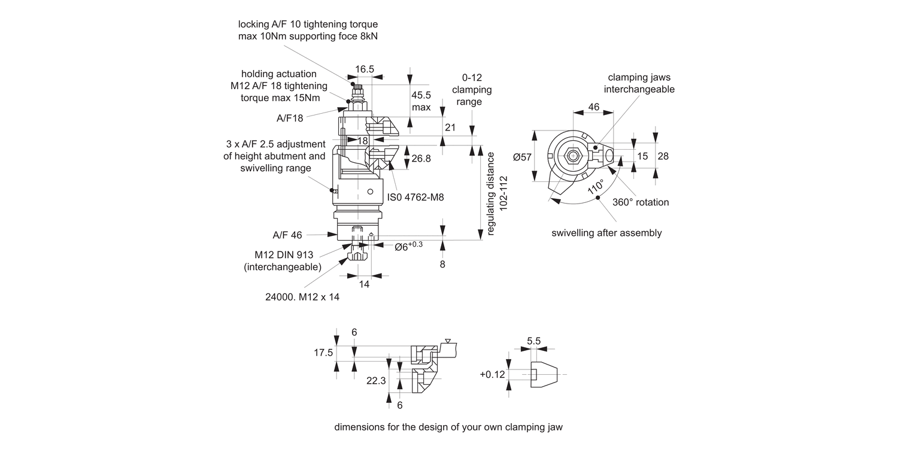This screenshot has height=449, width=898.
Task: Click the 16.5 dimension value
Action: pyautogui.click(x=364, y=69)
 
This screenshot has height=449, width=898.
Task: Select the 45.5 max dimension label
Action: pyautogui.click(x=421, y=101)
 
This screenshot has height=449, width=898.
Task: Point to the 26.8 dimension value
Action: pyautogui.click(x=421, y=159)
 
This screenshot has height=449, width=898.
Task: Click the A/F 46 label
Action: pyautogui.click(x=287, y=235)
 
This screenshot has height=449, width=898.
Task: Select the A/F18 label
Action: pyautogui.click(x=290, y=118)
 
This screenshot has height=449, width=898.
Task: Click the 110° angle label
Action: pyautogui.click(x=595, y=187)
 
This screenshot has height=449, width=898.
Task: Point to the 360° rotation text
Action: pyautogui.click(x=641, y=202)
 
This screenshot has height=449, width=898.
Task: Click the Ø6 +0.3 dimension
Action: pyautogui.click(x=409, y=245)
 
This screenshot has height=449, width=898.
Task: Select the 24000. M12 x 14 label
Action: pyautogui.click(x=302, y=297)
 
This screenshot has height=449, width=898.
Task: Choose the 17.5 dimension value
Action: pyautogui.click(x=323, y=353)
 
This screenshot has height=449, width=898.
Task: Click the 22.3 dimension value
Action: pyautogui.click(x=376, y=381)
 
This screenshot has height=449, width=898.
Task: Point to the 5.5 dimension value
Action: pyautogui.click(x=533, y=341)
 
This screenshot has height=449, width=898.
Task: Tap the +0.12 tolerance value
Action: pyautogui.click(x=492, y=374)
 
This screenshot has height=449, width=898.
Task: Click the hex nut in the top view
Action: pyautogui.click(x=573, y=156)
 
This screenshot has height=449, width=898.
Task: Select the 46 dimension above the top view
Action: pyautogui.click(x=593, y=107)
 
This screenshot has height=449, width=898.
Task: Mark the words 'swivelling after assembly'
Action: pyautogui.click(x=606, y=233)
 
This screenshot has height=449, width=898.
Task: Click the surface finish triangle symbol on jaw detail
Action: pyautogui.click(x=448, y=340)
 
